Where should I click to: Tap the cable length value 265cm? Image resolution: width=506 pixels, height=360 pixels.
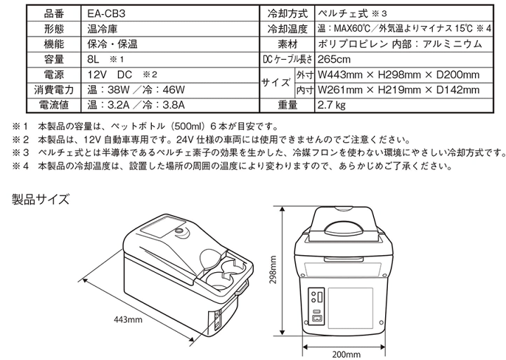(x=334, y=60)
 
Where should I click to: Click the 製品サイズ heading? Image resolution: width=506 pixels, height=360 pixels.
(x=40, y=199)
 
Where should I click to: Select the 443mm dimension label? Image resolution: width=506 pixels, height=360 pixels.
(x=129, y=320)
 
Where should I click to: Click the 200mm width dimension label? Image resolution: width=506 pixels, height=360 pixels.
(x=344, y=354)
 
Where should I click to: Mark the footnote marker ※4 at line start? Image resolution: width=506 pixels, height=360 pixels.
(x=18, y=166)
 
